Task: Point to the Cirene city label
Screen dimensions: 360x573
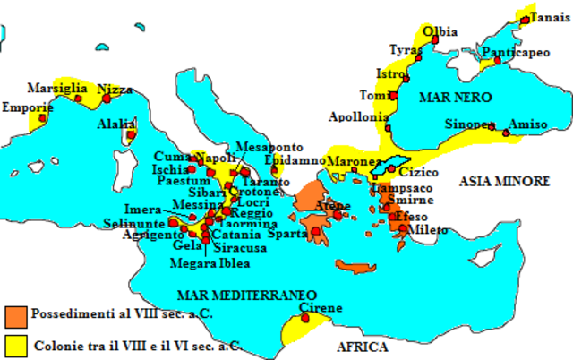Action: click(320, 308)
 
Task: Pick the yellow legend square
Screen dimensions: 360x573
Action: click(15, 344)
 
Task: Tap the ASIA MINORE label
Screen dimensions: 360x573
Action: click(503, 181)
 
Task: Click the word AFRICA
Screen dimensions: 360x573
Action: click(362, 347)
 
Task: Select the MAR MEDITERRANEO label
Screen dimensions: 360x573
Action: click(247, 294)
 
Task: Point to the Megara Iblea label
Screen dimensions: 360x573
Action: click(210, 263)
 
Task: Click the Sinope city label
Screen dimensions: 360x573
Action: click(470, 124)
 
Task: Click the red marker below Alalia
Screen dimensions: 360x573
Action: click(131, 135)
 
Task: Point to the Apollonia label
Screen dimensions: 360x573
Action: click(358, 116)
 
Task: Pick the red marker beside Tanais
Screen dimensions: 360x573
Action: click(525, 19)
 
